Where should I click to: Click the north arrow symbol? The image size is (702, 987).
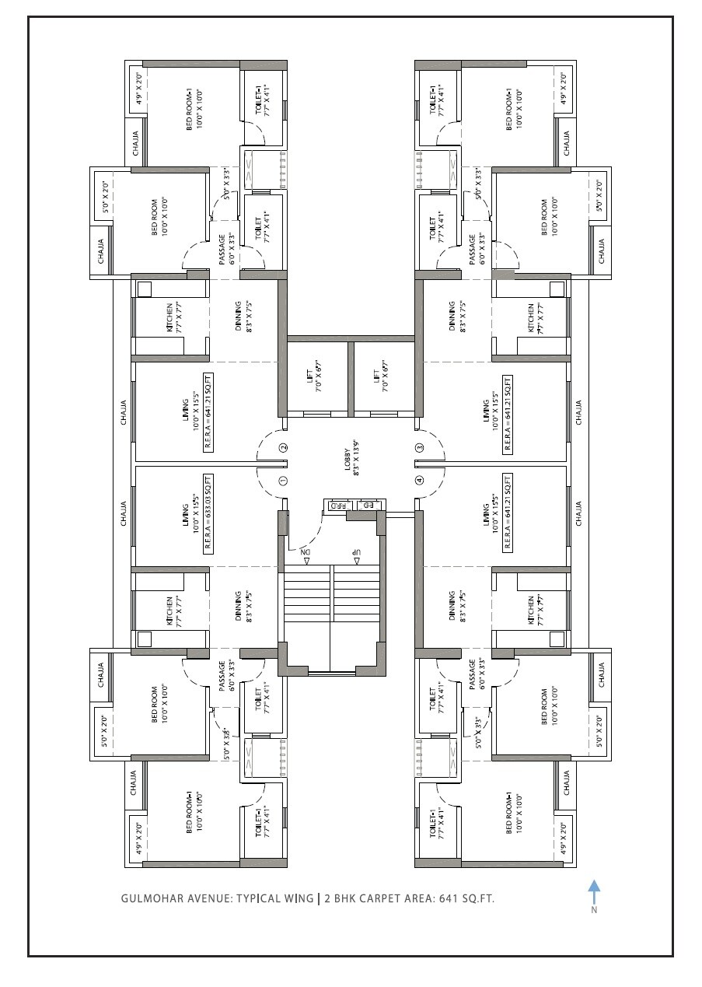(x=594, y=891)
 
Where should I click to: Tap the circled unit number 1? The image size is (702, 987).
(x=284, y=481)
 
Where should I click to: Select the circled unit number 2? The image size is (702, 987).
(x=284, y=447)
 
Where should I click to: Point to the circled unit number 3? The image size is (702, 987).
(x=419, y=447)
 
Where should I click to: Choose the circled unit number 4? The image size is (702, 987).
(x=419, y=481)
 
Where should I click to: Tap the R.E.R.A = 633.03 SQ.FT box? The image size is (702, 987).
(x=208, y=512)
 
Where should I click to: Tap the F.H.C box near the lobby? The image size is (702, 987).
(x=337, y=506)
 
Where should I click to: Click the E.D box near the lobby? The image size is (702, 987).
(x=369, y=506)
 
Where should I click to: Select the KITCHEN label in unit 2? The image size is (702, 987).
(x=170, y=318)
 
